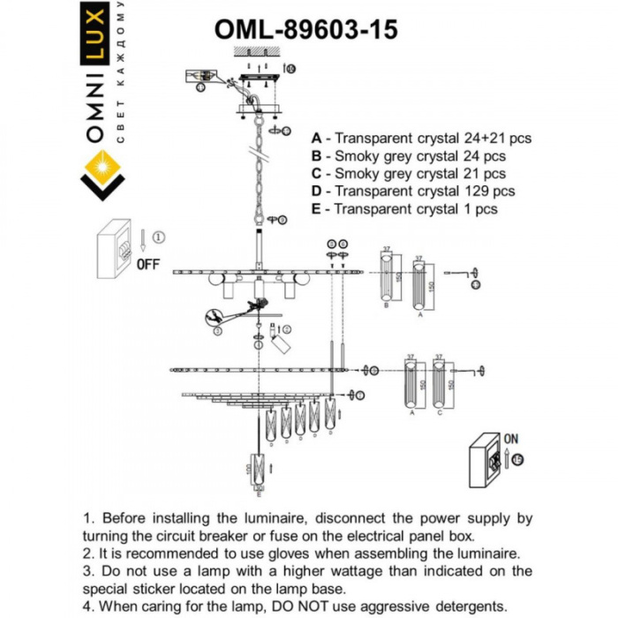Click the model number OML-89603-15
coord(305,30)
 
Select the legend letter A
coord(317,139)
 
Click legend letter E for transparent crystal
coord(317,209)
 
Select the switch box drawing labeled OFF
coord(116,244)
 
